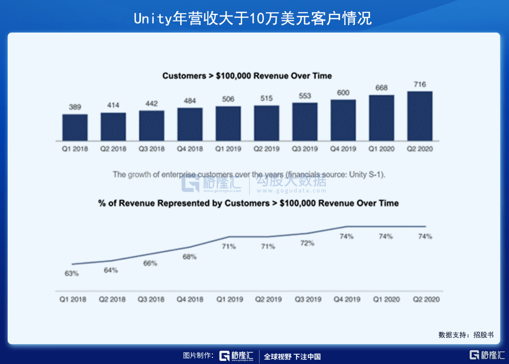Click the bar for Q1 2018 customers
tap(75, 128)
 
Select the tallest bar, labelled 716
tap(420, 116)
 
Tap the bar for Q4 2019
tap(343, 120)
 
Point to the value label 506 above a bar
tap(228, 99)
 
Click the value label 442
tap(151, 104)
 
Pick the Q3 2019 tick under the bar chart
tap(305, 149)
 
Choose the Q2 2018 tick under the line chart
tap(112, 299)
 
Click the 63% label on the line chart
tap(71, 274)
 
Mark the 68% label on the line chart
tap(189, 257)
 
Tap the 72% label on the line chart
tap(307, 243)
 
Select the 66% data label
tap(150, 263)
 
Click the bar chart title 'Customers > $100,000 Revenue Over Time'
tap(247, 76)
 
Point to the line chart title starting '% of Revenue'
tap(248, 203)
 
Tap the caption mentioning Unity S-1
tap(249, 175)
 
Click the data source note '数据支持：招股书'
tap(466, 335)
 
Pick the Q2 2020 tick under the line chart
tap(426, 299)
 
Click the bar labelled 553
tap(305, 122)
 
